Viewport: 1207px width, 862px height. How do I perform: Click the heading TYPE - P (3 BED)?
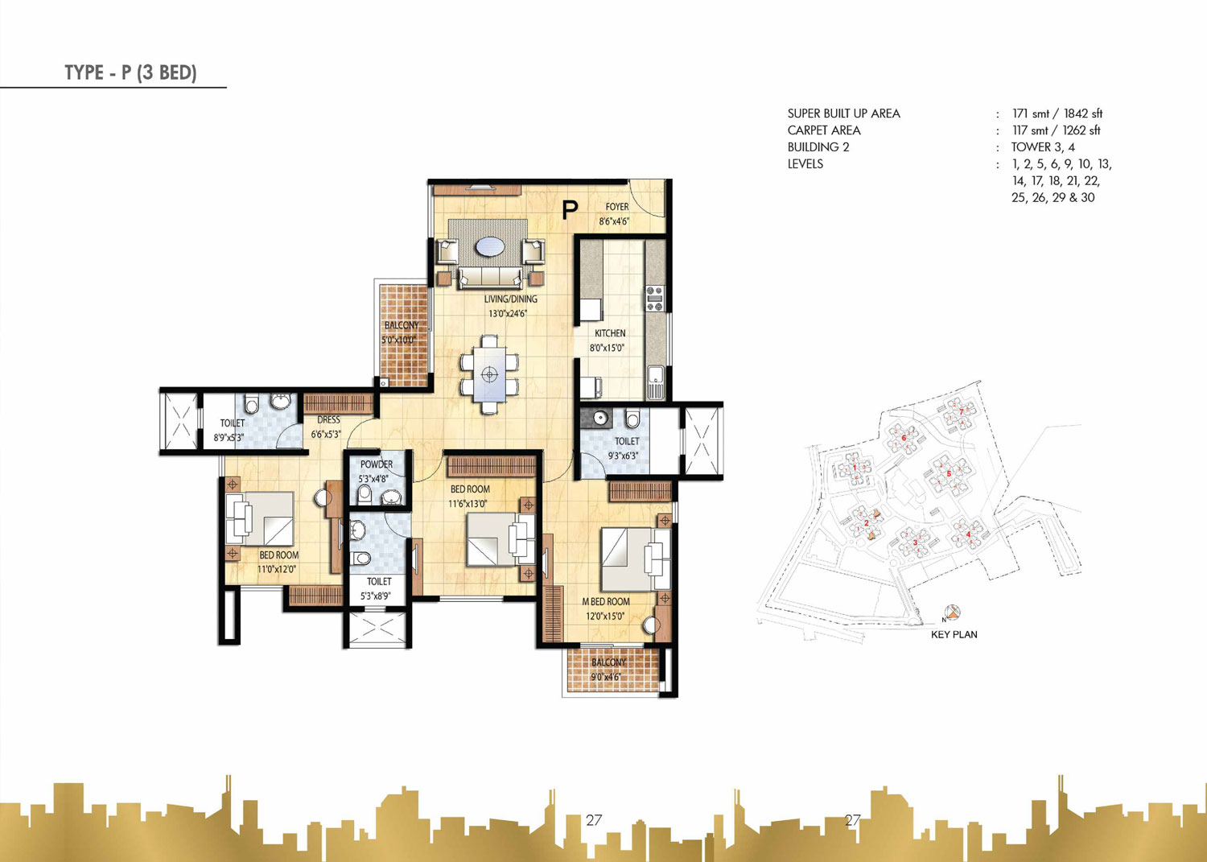pos(130,72)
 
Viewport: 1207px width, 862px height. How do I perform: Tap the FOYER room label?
pos(617,207)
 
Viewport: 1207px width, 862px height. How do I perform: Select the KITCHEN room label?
pos(610,333)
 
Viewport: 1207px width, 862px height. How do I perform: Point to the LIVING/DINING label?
pos(510,299)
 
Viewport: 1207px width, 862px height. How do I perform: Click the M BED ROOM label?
pos(606,602)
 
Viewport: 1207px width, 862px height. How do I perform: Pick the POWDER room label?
pos(377,464)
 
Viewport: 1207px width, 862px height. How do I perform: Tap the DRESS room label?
pos(328,420)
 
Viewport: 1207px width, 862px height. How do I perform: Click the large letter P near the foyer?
pos(570,211)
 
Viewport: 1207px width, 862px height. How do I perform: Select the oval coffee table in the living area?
pos(490,247)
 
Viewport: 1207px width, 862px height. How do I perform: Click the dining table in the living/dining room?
pos(489,374)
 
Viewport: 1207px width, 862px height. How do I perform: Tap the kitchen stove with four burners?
pos(655,299)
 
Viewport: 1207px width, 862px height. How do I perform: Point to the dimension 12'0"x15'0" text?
pos(605,617)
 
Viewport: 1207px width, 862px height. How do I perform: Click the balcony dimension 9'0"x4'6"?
pos(606,677)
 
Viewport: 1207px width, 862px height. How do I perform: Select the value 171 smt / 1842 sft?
pos(1057,113)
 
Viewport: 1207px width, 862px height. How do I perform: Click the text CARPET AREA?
pos(824,130)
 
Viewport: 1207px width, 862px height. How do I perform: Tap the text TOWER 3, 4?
pos(1043,147)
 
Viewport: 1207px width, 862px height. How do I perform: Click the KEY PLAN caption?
pos(954,634)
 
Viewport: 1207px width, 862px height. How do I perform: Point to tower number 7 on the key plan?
pos(961,411)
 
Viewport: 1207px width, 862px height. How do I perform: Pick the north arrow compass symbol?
pos(952,613)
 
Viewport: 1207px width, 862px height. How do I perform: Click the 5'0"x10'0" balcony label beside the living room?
pos(400,340)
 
